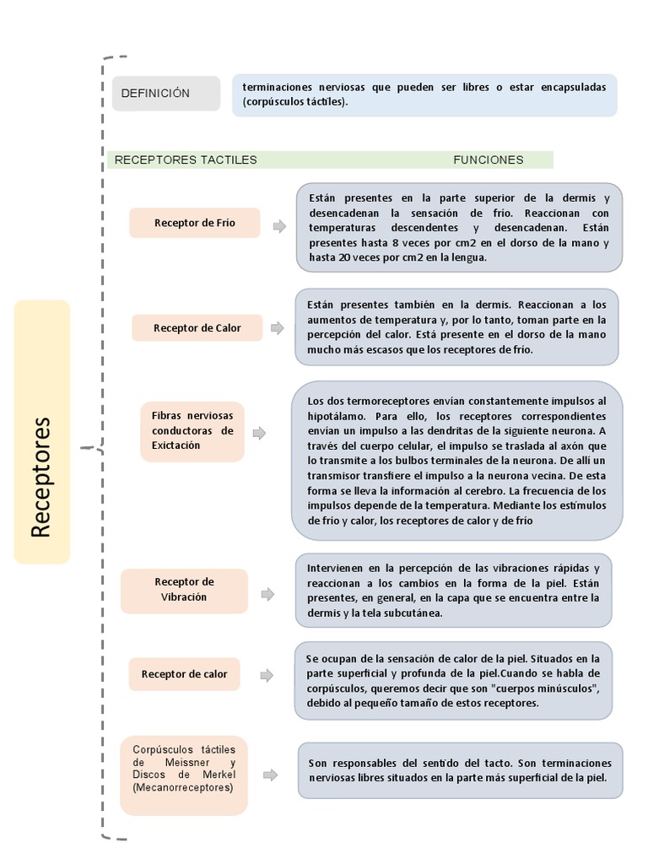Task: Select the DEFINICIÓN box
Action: click(x=166, y=94)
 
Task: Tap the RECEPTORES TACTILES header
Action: click(x=186, y=159)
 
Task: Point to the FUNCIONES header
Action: click(x=488, y=159)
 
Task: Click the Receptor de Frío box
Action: click(x=195, y=224)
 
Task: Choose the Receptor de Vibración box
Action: click(x=184, y=590)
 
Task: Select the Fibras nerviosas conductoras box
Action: click(x=193, y=431)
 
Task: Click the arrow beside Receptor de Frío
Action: click(x=279, y=225)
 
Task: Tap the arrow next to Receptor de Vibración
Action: click(x=267, y=594)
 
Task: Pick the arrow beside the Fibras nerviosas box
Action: click(x=260, y=433)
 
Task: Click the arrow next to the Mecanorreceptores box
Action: click(x=270, y=775)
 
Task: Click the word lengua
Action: click(x=467, y=258)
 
